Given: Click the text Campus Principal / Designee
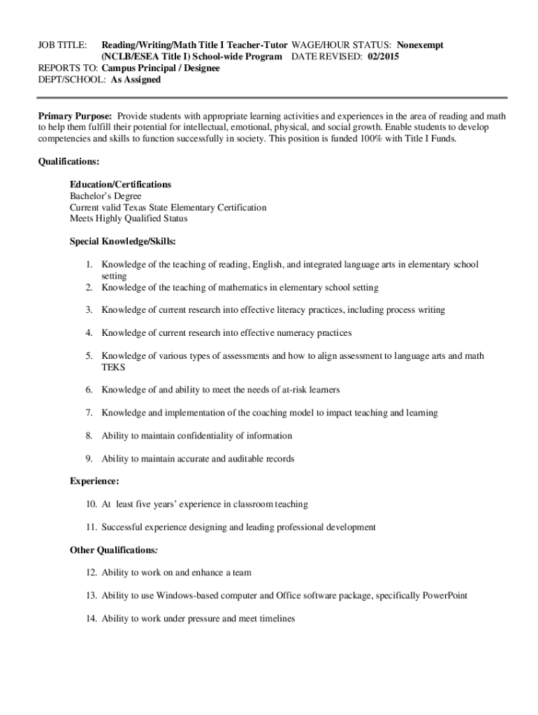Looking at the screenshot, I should [160, 68].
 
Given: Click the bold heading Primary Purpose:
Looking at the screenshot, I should [75, 116].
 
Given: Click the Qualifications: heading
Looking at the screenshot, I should [68, 162].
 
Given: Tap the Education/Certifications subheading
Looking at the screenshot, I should [120, 184].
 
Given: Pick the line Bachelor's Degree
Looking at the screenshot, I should [105, 196].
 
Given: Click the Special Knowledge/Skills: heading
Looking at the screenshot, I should [122, 242].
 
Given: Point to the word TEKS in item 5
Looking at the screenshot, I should [113, 367].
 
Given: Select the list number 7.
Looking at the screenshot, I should [89, 413].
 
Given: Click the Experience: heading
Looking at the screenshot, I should [94, 481].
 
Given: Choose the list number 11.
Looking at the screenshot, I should [91, 527].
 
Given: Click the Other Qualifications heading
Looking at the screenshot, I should [114, 550].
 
